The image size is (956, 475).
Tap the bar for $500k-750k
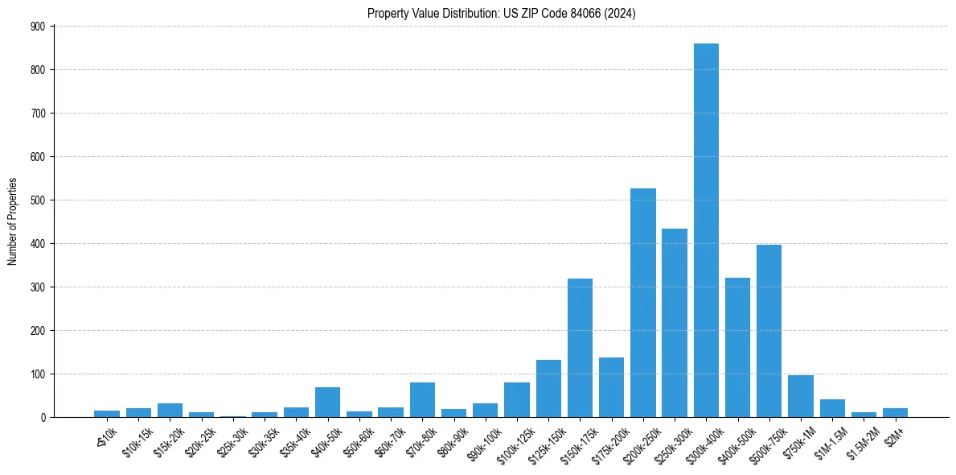pyautogui.click(x=769, y=331)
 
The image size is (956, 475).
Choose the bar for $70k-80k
pyautogui.click(x=422, y=400)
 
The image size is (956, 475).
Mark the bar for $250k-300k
pyautogui.click(x=675, y=323)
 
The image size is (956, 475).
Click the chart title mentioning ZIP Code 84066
pyautogui.click(x=502, y=13)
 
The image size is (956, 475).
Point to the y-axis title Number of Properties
pyautogui.click(x=12, y=221)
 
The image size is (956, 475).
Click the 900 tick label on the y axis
pyautogui.click(x=39, y=27)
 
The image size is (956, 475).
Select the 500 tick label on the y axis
pyautogui.click(x=39, y=200)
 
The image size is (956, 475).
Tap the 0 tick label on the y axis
pyautogui.click(x=43, y=417)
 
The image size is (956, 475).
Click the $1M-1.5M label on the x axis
pyautogui.click(x=828, y=443)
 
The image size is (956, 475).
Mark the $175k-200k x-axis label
pyautogui.click(x=608, y=444)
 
